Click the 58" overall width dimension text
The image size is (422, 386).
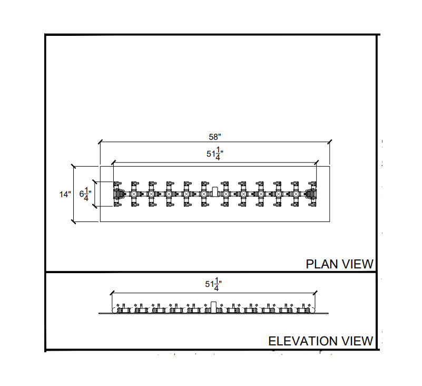pyautogui.click(x=214, y=136)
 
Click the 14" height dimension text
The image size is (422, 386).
pyautogui.click(x=65, y=194)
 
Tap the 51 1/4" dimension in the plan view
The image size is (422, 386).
pyautogui.click(x=213, y=155)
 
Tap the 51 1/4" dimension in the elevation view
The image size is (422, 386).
pyautogui.click(x=213, y=285)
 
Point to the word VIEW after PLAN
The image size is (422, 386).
pyautogui.click(x=357, y=264)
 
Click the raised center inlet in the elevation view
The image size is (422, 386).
pyautogui.click(x=213, y=305)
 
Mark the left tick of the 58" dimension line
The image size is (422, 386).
pyautogui.click(x=100, y=141)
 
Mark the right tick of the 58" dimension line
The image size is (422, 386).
pyautogui.click(x=329, y=141)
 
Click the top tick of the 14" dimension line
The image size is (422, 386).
pyautogui.click(x=73, y=166)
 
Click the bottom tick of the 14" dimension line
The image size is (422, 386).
pyautogui.click(x=73, y=222)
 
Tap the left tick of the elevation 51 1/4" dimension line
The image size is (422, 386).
pyautogui.click(x=112, y=292)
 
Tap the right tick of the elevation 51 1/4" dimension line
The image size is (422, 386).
pyautogui.click(x=315, y=292)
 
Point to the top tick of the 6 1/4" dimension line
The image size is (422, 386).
pyautogui.click(x=95, y=182)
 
